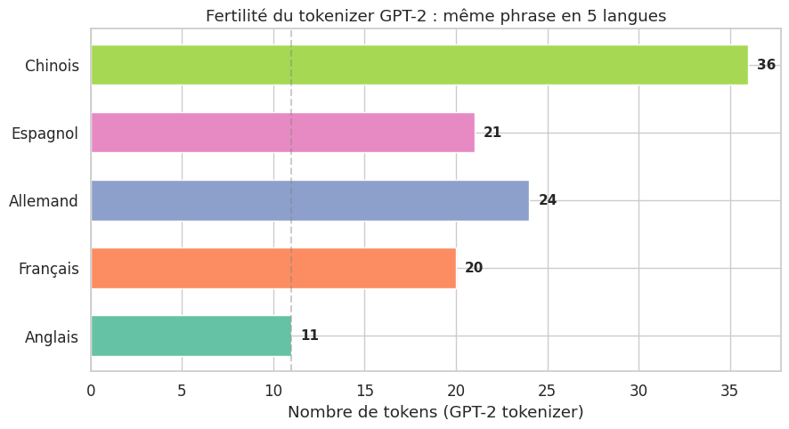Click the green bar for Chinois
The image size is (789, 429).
[419, 65]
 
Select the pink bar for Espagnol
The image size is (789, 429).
[282, 133]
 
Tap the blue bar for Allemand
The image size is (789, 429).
[309, 200]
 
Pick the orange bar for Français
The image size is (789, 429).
[272, 268]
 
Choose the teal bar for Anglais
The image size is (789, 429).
[191, 336]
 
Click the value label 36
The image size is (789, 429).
[766, 65]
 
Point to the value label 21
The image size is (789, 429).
[492, 133]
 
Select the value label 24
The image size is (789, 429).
[548, 200]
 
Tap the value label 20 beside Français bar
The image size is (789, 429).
[474, 268]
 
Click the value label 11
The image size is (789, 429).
[309, 336]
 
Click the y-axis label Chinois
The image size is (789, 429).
[52, 66]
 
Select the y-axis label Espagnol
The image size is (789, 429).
[45, 134]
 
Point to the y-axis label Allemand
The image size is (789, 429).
[44, 201]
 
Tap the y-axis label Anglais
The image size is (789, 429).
[52, 337]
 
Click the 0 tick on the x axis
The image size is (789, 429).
[91, 390]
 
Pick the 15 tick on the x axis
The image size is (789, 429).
[364, 390]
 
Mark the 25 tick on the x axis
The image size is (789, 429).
[547, 390]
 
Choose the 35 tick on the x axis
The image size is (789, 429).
[730, 390]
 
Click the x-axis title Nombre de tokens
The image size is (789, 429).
[435, 412]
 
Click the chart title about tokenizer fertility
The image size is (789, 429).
[435, 16]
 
